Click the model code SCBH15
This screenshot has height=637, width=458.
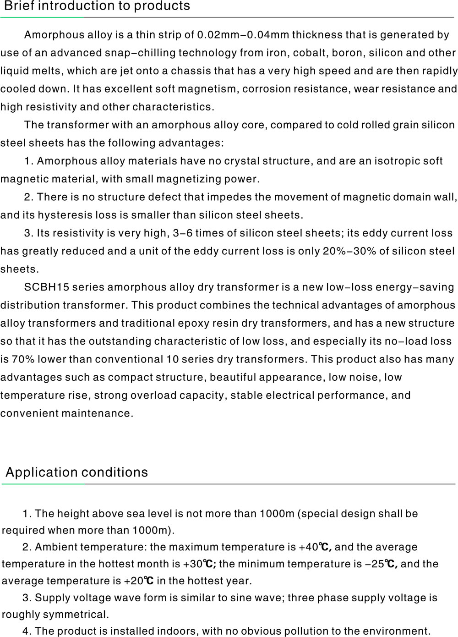(46, 287)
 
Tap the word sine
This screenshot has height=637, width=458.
(214, 598)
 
